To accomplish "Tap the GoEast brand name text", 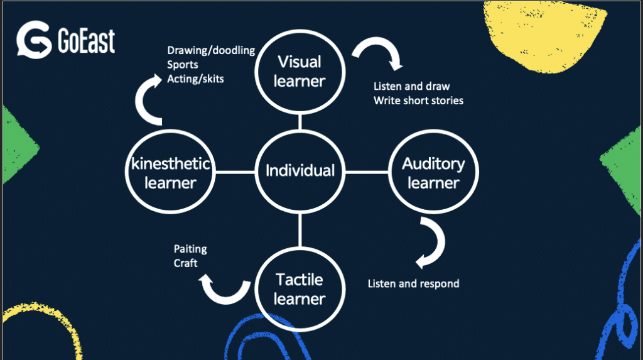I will [x=86, y=41].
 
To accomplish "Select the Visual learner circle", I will [x=300, y=71].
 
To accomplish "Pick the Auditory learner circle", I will [x=433, y=173].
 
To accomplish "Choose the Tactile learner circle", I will [x=300, y=288].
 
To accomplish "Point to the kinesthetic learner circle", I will [x=171, y=173].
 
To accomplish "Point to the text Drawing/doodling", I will [x=210, y=50].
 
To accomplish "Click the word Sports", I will [x=182, y=64].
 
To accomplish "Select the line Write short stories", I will [x=418, y=101].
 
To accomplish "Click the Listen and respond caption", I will [x=413, y=284].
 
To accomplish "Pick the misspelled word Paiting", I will [x=190, y=249].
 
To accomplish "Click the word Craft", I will [x=185, y=263].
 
